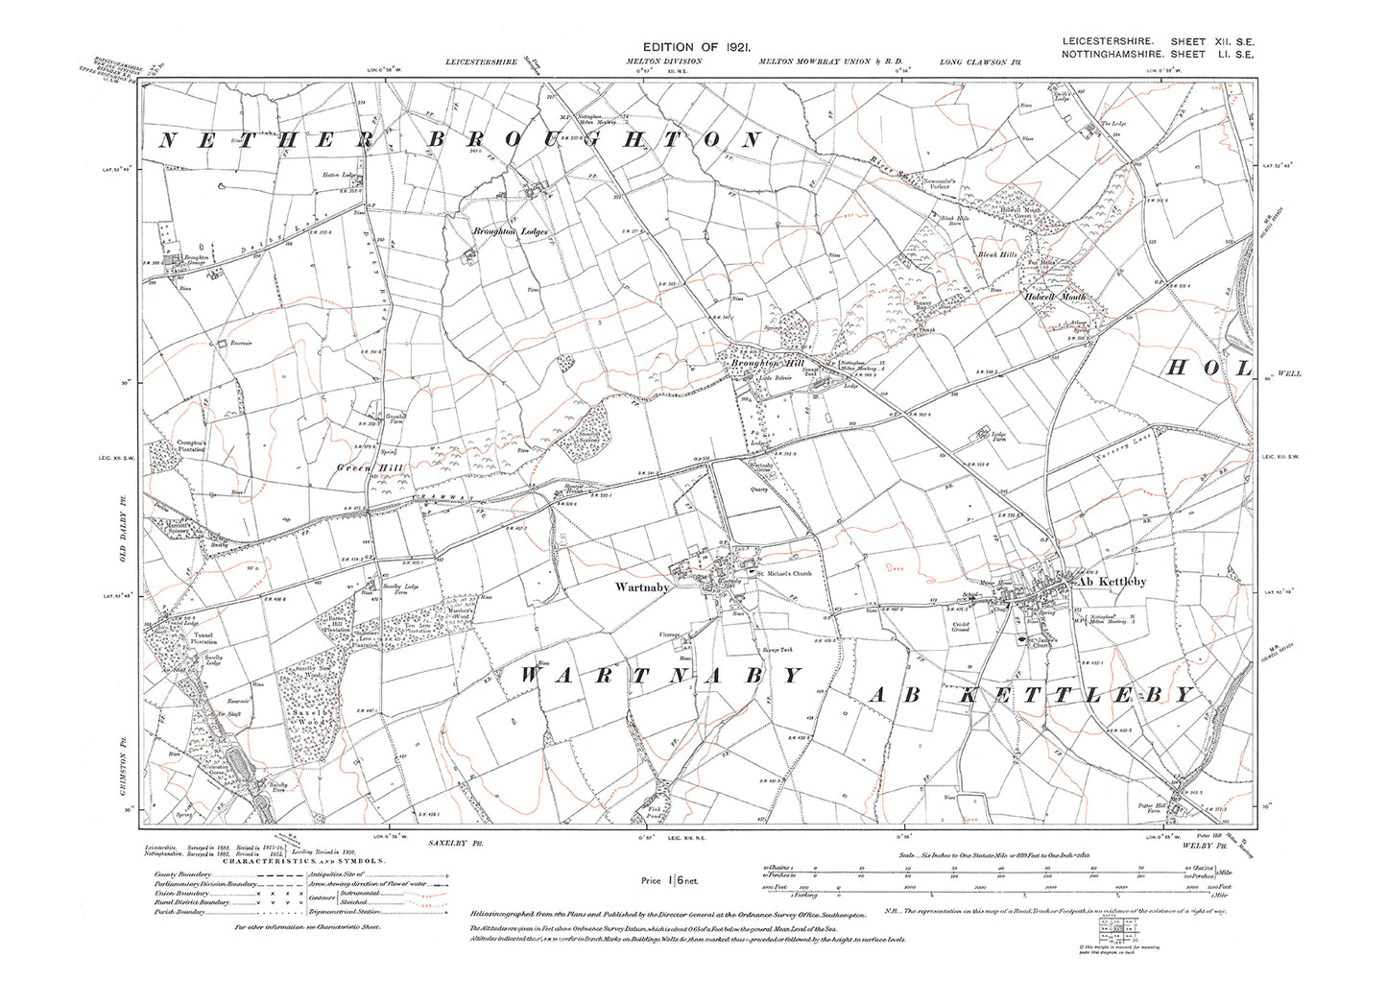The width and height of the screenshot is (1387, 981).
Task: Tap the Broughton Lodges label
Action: [x=507, y=231]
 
